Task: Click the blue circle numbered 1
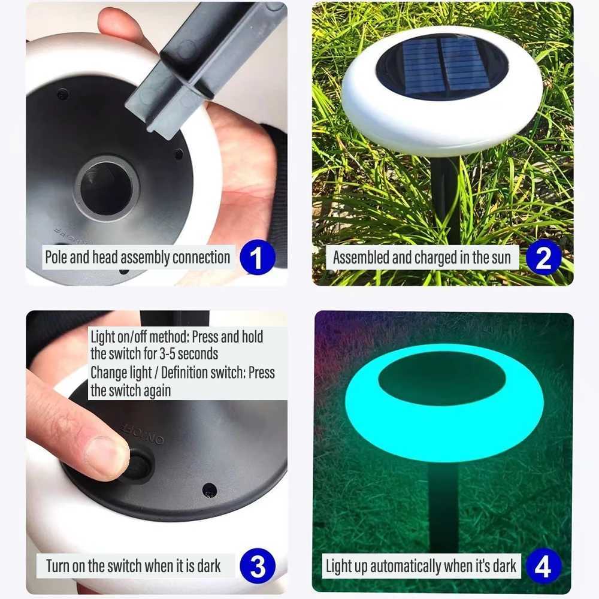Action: (x=257, y=258)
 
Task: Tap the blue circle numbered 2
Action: (x=543, y=258)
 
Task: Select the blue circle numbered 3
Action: (x=257, y=566)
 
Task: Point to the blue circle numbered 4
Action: (x=543, y=566)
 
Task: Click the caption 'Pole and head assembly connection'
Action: (x=138, y=258)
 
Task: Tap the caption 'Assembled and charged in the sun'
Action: (x=422, y=258)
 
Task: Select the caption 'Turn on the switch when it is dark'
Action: (x=133, y=565)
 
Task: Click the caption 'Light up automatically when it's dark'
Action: (x=420, y=566)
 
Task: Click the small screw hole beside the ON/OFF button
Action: (x=209, y=489)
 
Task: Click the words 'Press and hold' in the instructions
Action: (x=227, y=336)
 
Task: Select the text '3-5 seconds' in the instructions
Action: (x=186, y=353)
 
